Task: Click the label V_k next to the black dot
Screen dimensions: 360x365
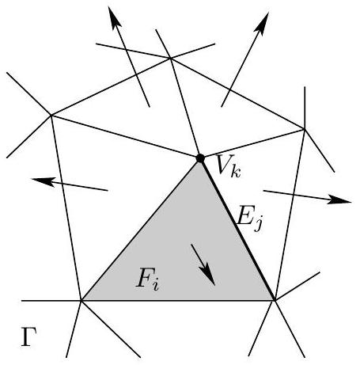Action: point(228,166)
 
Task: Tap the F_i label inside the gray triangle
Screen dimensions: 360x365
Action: point(147,279)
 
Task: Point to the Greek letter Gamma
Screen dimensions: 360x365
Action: point(28,337)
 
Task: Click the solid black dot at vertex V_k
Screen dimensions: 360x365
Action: point(200,158)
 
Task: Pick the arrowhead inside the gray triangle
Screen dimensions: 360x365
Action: point(208,275)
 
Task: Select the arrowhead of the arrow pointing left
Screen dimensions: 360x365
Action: point(43,181)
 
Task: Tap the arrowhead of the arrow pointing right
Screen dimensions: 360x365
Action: point(339,200)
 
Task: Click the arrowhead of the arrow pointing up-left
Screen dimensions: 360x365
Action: point(114,17)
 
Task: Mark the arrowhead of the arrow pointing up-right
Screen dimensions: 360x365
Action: point(262,23)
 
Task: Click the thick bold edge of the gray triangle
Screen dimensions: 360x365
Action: point(237,229)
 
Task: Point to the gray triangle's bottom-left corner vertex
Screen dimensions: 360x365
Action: point(81,300)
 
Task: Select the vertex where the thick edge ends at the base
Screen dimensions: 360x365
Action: point(275,300)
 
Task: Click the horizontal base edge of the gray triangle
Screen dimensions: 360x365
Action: point(178,300)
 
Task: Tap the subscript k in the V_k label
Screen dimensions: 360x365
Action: point(235,172)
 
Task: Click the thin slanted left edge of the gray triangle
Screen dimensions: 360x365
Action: point(141,230)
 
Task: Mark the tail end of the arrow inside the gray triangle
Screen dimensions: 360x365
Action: point(191,245)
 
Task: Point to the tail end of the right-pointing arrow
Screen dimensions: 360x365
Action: point(263,191)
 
